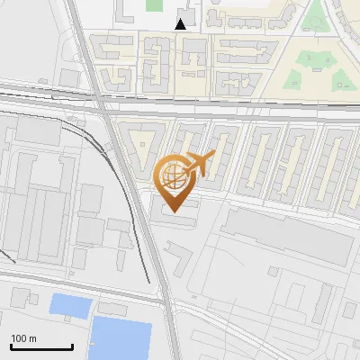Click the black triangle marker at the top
[x=181, y=24]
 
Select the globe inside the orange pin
[x=173, y=176]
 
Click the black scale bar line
[x=40, y=346]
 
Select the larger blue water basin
[x=121, y=338]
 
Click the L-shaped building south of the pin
[x=180, y=261]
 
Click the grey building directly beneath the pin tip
[x=177, y=221]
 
